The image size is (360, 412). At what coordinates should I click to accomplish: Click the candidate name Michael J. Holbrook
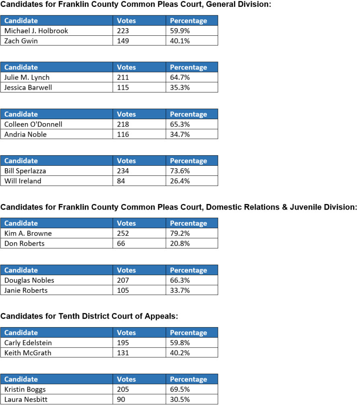tap(36, 31)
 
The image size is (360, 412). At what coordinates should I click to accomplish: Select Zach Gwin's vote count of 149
tap(123, 41)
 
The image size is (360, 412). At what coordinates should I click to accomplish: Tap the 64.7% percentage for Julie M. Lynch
tap(180, 78)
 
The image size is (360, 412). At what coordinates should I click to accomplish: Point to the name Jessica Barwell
tap(28, 87)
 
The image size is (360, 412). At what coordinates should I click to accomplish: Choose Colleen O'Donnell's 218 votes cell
tap(123, 124)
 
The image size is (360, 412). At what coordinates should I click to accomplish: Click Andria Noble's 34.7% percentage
tap(180, 134)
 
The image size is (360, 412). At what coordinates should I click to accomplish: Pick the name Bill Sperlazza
tap(25, 171)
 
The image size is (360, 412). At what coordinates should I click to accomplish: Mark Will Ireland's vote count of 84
tap(121, 181)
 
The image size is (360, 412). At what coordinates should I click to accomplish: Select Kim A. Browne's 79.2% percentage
tap(180, 233)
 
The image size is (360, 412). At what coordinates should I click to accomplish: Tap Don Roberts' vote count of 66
tap(121, 243)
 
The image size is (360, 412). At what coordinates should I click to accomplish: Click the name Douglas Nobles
tap(29, 280)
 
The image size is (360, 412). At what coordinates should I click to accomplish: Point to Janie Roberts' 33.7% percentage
tap(180, 290)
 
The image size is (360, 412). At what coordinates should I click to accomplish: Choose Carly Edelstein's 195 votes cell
tap(123, 343)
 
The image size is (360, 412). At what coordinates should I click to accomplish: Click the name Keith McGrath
tap(28, 353)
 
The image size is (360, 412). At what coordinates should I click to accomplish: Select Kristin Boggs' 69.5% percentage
tap(180, 389)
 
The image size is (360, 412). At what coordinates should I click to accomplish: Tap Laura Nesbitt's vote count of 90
tap(121, 400)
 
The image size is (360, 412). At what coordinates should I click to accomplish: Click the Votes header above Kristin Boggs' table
tap(126, 379)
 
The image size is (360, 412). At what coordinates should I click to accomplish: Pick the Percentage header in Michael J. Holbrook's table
tap(188, 21)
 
